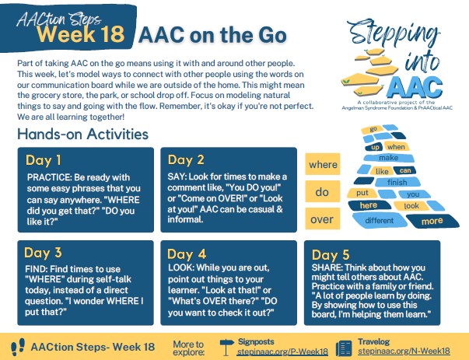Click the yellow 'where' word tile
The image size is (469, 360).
click(x=323, y=164)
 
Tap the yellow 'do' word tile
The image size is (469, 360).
click(x=323, y=191)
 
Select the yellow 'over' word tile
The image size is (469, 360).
click(x=323, y=218)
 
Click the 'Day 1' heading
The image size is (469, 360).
click(x=44, y=160)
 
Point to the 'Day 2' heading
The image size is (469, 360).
click(x=186, y=160)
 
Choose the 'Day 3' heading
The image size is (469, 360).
click(x=43, y=253)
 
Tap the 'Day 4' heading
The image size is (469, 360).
click(x=187, y=254)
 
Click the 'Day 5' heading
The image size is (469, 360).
click(x=331, y=255)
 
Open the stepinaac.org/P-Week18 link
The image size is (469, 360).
click(x=282, y=351)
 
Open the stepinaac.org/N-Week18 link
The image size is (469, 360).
click(x=404, y=351)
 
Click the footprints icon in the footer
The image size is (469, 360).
click(x=18, y=347)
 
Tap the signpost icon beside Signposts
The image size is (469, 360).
click(x=227, y=347)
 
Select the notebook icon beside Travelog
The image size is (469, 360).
click(x=344, y=348)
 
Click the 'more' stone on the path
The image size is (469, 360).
click(x=432, y=222)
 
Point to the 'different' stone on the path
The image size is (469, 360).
click(x=380, y=221)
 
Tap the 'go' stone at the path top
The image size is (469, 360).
click(x=372, y=130)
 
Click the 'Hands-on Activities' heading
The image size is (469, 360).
click(x=83, y=134)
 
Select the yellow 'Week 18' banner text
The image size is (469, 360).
click(x=81, y=33)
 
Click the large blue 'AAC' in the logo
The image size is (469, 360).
click(x=414, y=87)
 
